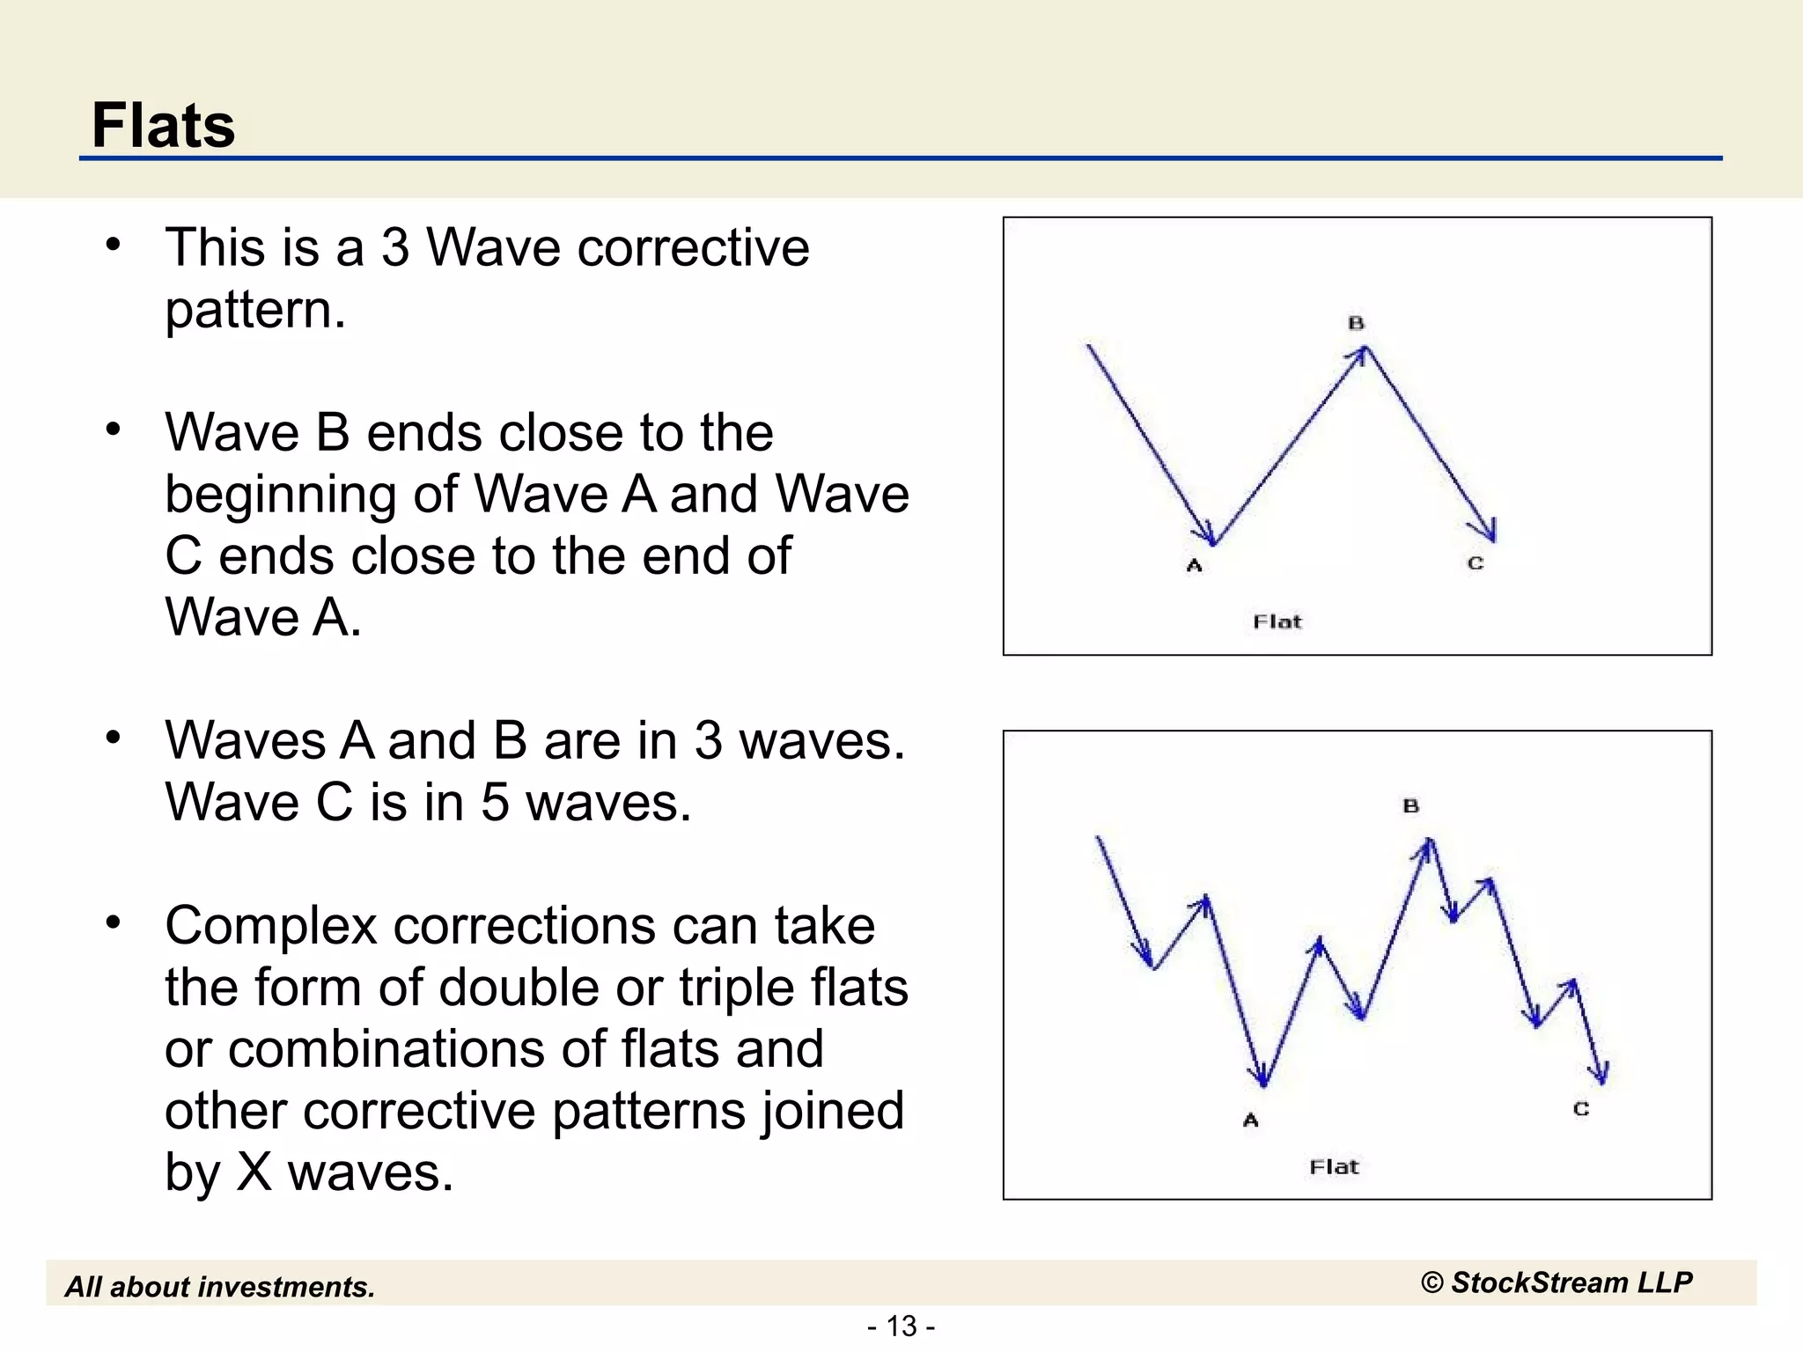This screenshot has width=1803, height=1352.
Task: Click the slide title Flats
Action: [164, 125]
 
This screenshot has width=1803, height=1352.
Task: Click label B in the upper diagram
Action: [1356, 323]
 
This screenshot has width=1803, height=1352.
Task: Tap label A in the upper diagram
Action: [1194, 566]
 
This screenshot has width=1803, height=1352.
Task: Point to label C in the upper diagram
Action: [1476, 563]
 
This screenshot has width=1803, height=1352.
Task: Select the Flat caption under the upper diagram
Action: [1277, 622]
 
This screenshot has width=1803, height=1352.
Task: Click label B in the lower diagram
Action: [1410, 805]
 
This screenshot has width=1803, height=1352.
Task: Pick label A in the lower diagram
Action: [1250, 1121]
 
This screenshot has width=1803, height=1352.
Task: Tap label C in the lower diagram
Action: [1581, 1109]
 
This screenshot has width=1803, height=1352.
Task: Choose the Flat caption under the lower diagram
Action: [1334, 1167]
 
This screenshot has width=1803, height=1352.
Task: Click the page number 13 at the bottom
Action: [901, 1326]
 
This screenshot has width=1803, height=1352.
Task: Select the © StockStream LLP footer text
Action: [1556, 1282]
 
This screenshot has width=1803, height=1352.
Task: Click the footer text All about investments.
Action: [220, 1287]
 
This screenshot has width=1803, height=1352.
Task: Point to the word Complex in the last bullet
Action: [270, 926]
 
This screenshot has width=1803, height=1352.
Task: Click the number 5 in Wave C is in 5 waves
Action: [495, 803]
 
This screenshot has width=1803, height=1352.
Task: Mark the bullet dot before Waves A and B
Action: [113, 738]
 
